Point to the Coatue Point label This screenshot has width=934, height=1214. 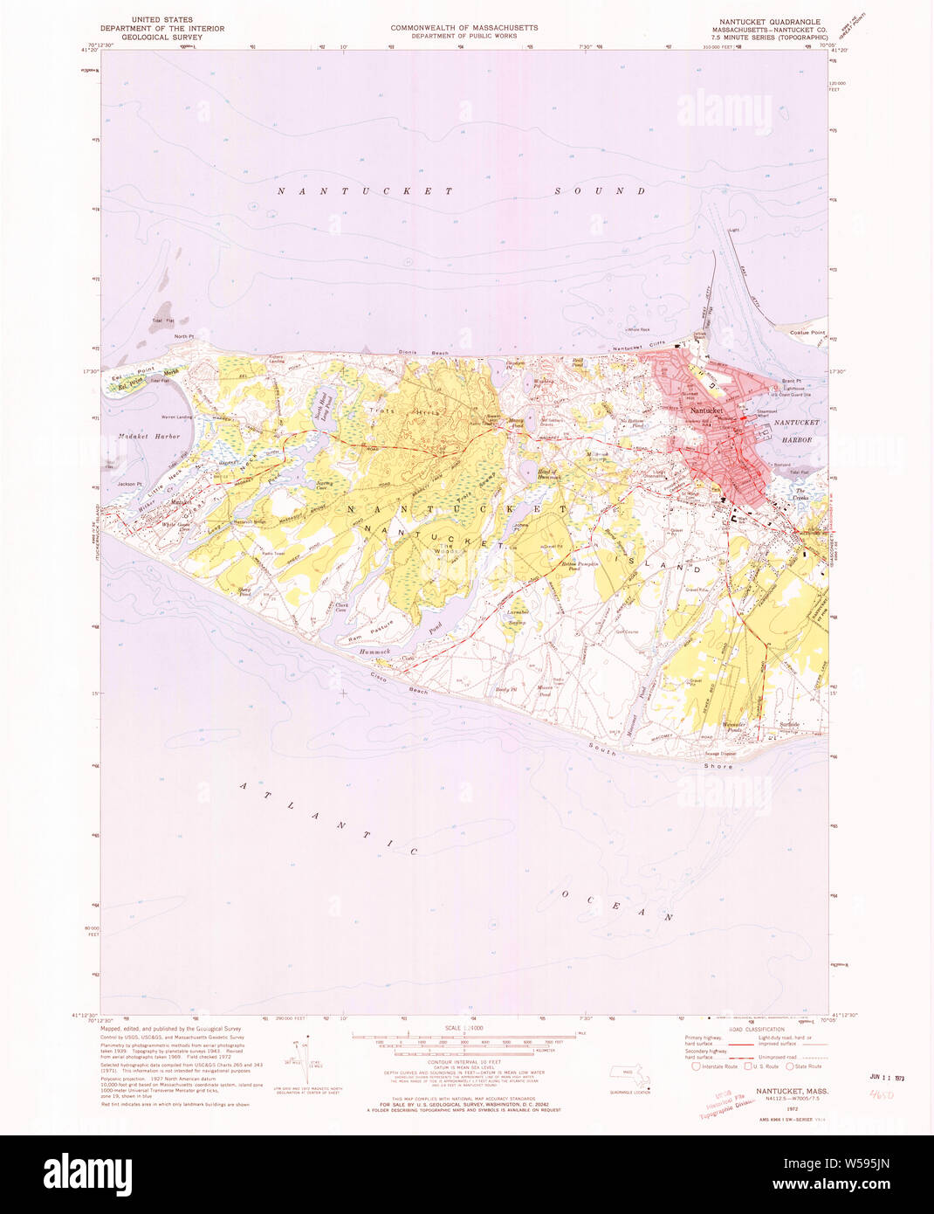pyautogui.click(x=807, y=333)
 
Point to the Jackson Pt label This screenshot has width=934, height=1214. pyautogui.click(x=128, y=484)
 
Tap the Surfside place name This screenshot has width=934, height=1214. pyautogui.click(x=790, y=725)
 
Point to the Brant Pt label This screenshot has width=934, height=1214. pyautogui.click(x=791, y=382)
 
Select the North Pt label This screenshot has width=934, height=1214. pyautogui.click(x=183, y=336)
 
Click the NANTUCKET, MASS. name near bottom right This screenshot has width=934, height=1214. pyautogui.click(x=792, y=1092)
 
